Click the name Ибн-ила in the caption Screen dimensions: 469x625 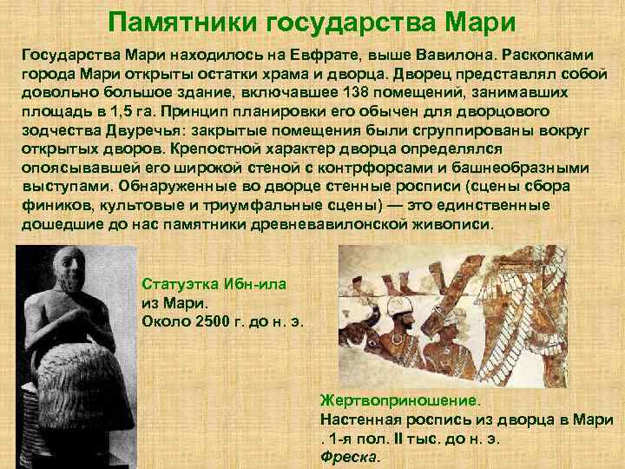252,284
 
